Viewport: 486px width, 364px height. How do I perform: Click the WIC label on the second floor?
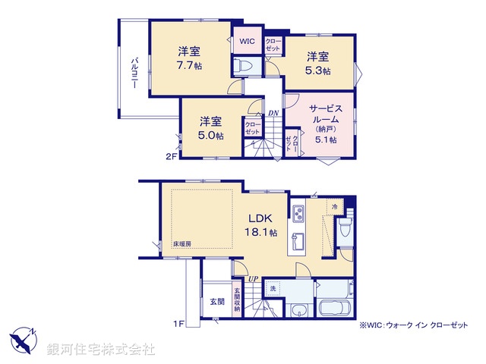247,41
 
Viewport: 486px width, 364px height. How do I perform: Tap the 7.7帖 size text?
189,66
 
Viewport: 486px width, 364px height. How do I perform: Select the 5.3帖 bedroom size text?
318,71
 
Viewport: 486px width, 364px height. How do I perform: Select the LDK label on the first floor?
254,217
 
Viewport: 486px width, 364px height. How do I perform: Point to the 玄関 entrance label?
217,301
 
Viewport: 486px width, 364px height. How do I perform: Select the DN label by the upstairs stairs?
273,113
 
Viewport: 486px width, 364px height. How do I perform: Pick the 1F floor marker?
178,324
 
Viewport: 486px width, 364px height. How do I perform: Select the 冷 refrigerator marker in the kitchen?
334,206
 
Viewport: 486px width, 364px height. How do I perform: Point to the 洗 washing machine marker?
273,288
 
